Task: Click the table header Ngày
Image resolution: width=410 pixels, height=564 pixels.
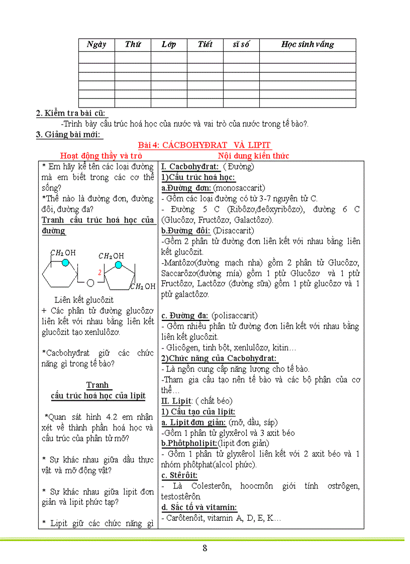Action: point(96,44)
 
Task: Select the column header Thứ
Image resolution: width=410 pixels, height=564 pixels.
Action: point(133,44)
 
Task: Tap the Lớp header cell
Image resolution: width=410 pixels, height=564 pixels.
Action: point(169,44)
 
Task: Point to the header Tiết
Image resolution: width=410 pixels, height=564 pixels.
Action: point(205,44)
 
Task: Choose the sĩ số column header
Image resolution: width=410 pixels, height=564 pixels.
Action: point(241,44)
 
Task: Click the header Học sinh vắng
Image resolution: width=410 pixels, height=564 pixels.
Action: point(307,44)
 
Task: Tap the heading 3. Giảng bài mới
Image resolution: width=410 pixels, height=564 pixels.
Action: point(69,134)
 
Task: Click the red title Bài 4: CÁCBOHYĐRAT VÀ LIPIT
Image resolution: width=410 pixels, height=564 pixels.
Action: point(204,145)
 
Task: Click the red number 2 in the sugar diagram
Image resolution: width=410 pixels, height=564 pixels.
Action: point(100,272)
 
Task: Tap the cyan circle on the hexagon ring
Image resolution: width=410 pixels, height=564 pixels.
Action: point(65,262)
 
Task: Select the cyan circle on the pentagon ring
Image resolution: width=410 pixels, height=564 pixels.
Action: point(118,265)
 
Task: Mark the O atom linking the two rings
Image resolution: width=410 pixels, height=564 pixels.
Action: point(90,282)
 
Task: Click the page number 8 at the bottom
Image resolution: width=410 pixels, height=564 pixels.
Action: point(204,548)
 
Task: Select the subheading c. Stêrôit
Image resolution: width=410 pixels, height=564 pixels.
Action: point(179,475)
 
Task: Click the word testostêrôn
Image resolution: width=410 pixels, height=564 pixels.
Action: point(181,496)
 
